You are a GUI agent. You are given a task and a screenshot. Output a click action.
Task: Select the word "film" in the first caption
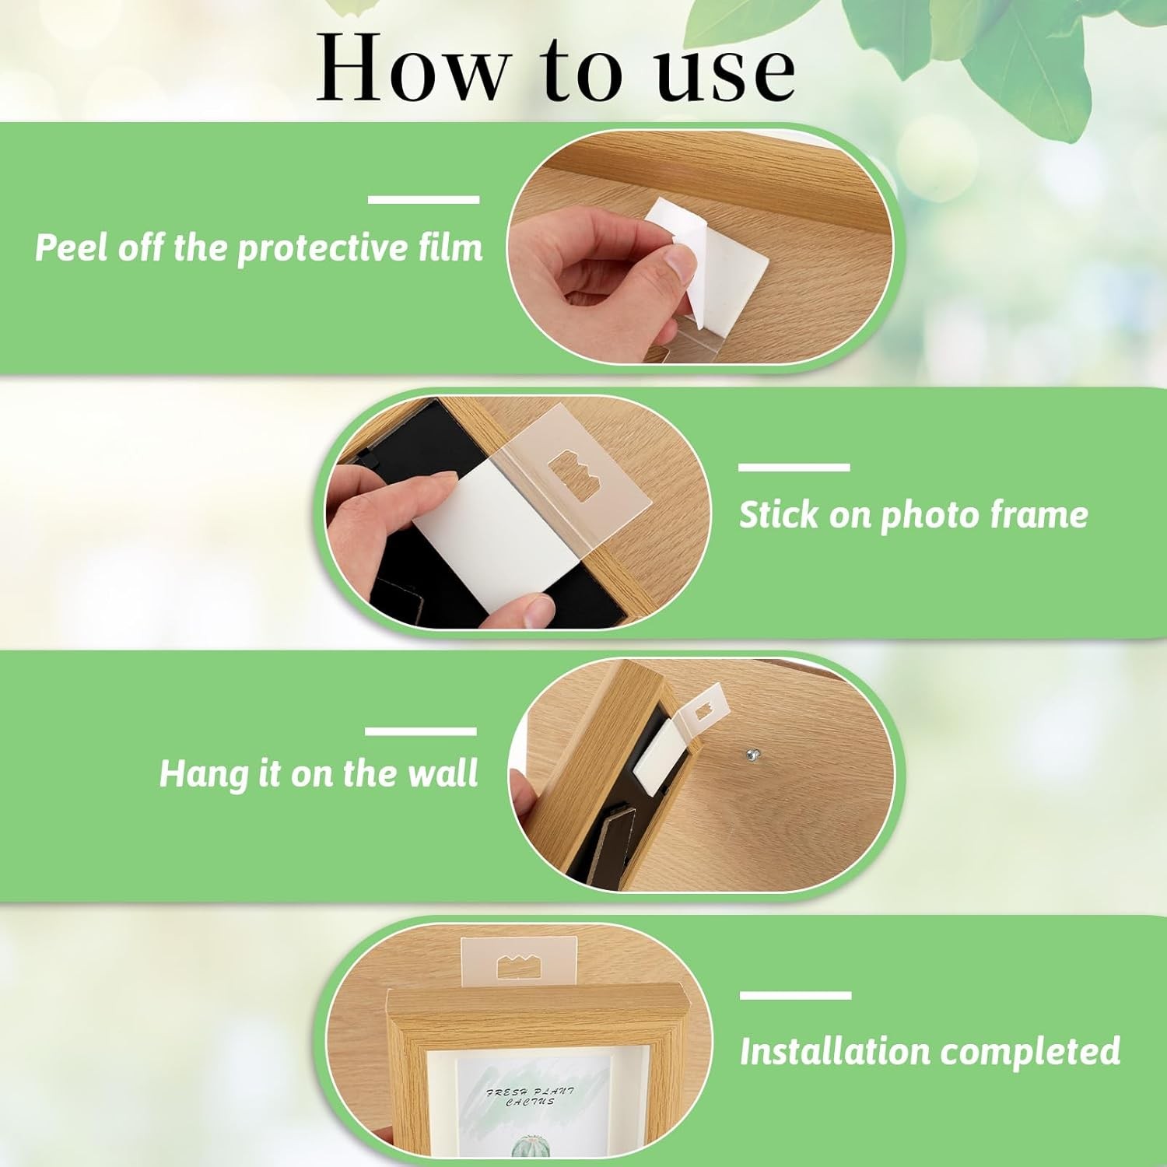450,247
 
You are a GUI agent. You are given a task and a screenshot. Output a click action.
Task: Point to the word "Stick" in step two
779,515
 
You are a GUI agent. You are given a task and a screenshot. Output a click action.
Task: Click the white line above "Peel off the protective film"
423,200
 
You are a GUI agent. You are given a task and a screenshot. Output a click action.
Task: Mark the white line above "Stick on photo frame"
794,467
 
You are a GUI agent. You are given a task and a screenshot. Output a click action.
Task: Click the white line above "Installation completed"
795,995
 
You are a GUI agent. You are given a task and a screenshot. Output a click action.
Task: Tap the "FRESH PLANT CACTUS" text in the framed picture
531,1096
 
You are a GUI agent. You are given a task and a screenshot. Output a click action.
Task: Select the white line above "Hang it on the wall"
420,731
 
